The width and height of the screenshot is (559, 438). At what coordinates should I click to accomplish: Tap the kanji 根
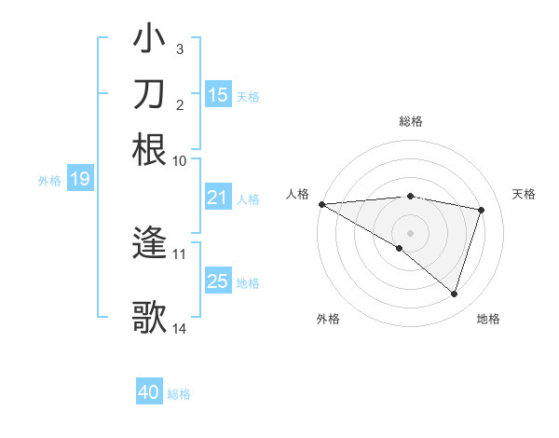[150, 149]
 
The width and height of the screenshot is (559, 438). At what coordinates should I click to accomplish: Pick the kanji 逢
[150, 244]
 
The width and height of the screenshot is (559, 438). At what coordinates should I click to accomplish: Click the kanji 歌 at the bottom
[150, 317]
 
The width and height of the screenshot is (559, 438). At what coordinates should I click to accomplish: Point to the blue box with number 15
[217, 95]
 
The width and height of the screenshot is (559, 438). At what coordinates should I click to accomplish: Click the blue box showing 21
[217, 198]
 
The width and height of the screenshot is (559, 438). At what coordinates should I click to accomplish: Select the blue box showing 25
[217, 281]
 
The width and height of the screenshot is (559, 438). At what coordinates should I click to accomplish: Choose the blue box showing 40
[149, 392]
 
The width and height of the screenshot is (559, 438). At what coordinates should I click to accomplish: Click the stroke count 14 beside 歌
[180, 328]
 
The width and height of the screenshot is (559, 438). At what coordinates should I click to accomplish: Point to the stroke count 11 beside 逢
[180, 253]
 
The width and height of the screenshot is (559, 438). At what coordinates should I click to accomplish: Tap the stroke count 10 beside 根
[180, 160]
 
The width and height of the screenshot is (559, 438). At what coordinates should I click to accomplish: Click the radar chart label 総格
[410, 121]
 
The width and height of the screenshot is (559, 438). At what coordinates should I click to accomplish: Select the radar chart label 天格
[525, 194]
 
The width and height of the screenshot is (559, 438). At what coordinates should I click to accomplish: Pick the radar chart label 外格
[328, 319]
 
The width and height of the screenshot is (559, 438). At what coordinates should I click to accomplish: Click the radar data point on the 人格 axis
[321, 203]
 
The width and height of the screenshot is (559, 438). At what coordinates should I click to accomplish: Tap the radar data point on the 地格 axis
[454, 294]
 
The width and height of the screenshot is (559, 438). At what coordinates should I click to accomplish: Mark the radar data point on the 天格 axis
[482, 210]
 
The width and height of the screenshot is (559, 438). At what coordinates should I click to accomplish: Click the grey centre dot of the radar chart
[410, 231]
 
